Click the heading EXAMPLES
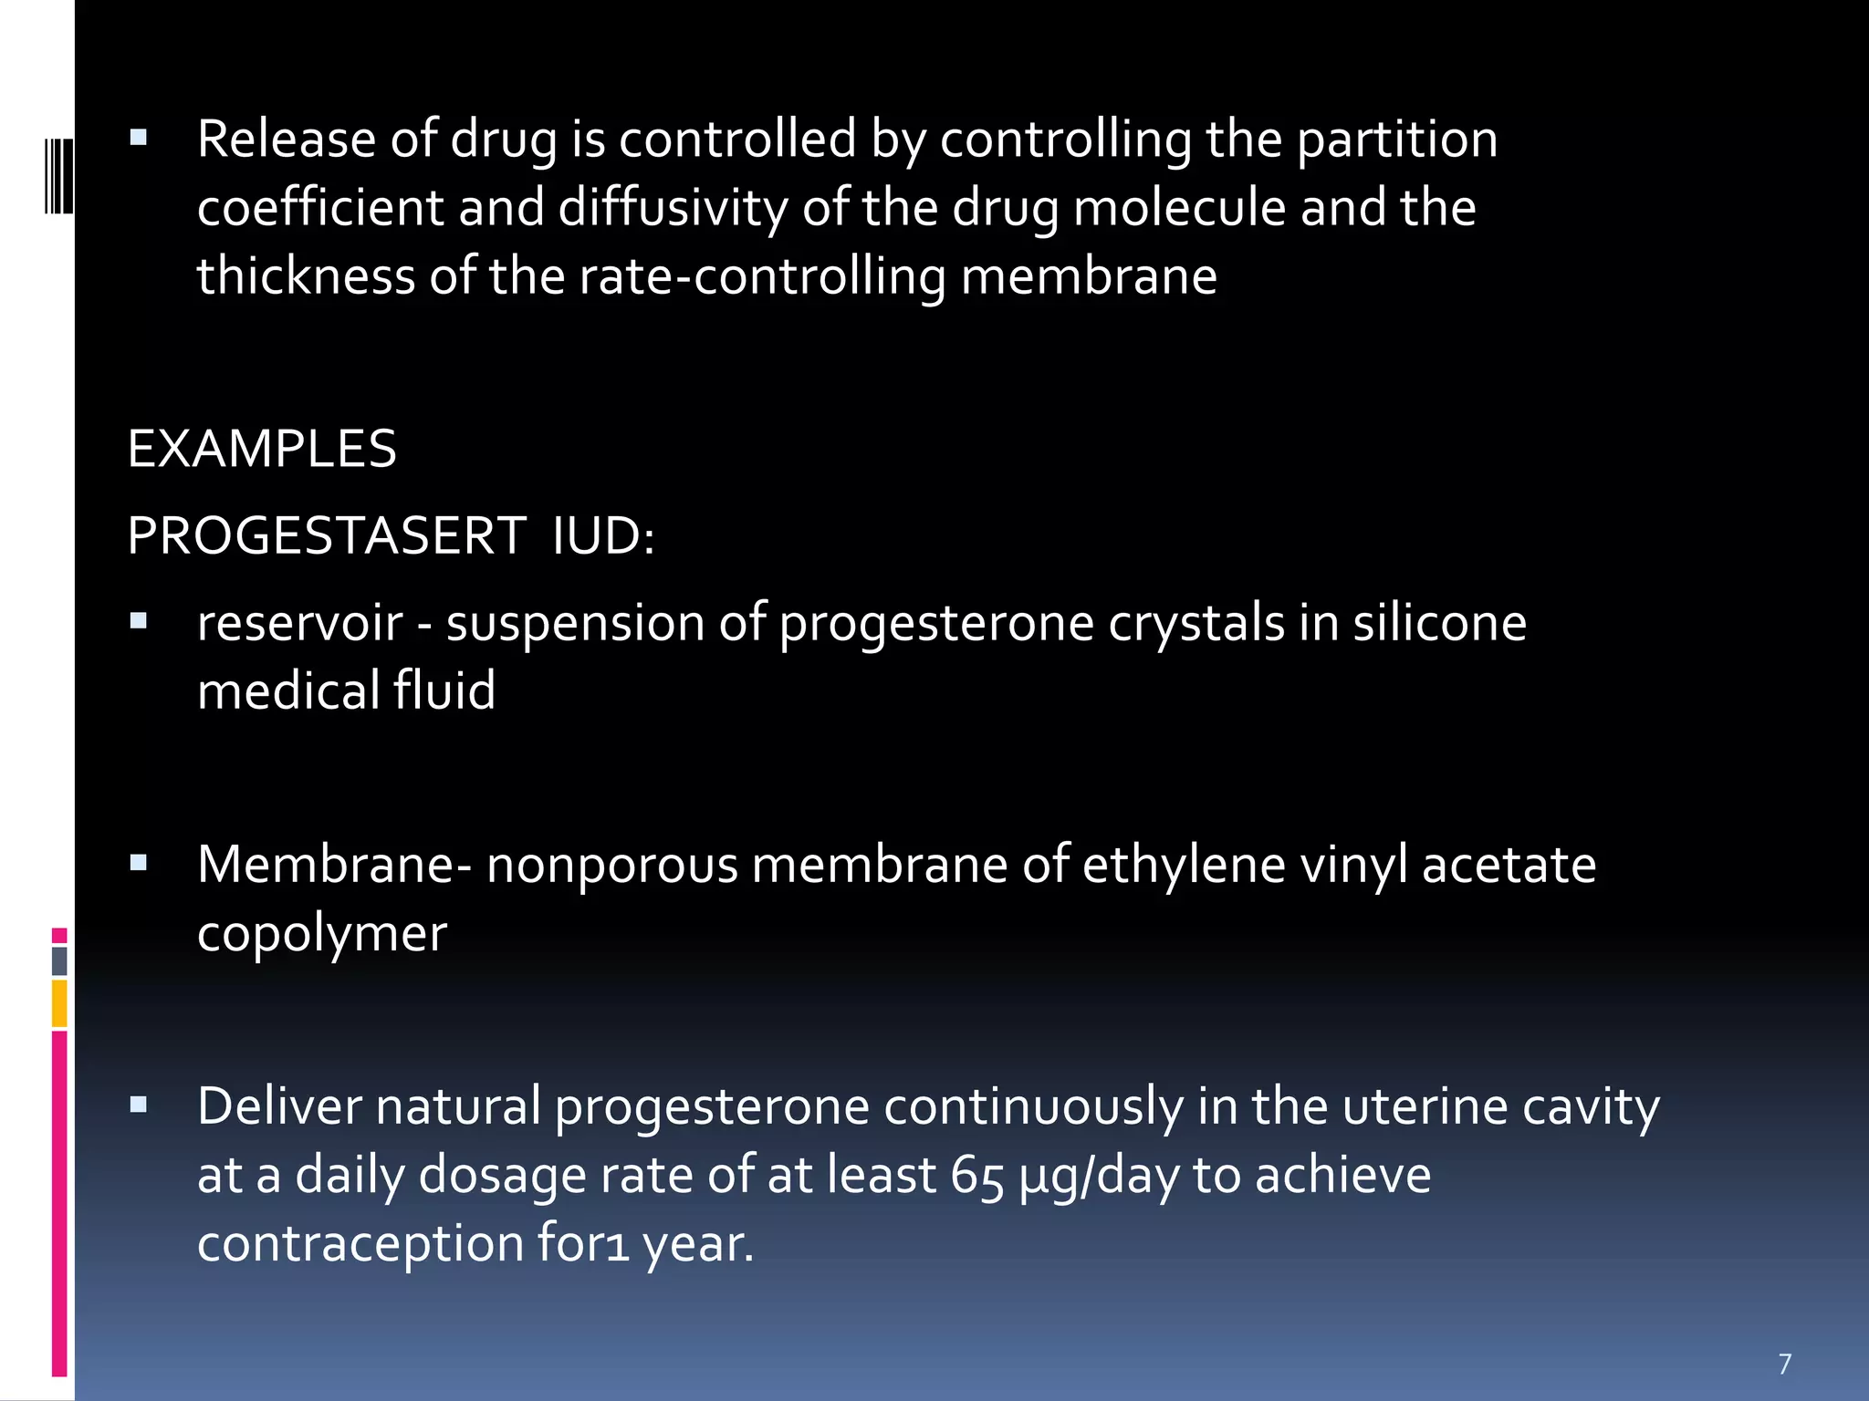262,449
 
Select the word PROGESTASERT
327,535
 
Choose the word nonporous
611,865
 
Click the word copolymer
322,935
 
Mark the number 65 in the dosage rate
976,1176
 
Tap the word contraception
360,1243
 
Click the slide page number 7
1785,1364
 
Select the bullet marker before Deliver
139,1105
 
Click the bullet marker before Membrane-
139,863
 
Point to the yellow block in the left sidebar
59,1003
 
